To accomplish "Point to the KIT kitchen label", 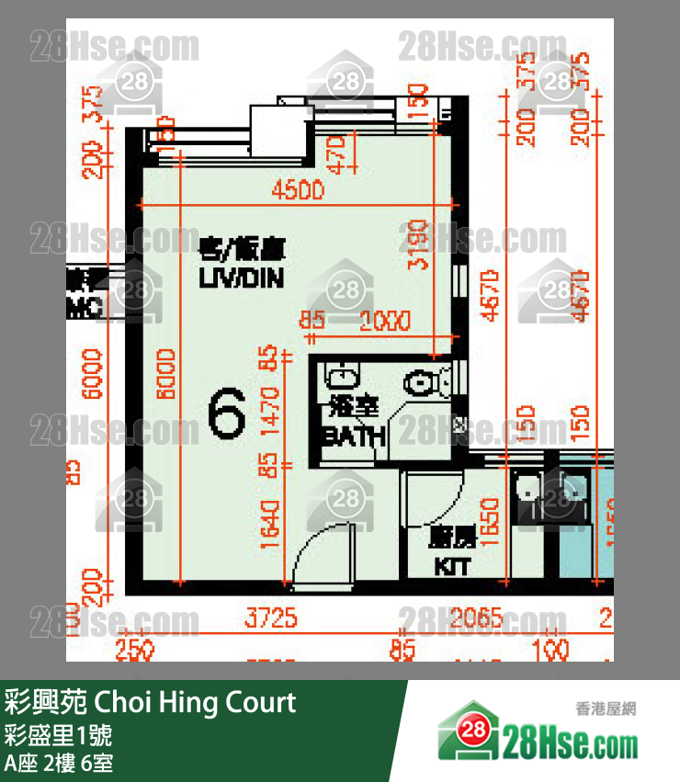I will click(x=450, y=566).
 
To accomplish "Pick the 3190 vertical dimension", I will click(x=418, y=245).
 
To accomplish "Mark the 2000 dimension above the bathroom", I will click(x=385, y=321).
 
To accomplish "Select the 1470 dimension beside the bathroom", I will click(x=270, y=409).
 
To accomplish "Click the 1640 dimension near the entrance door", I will click(x=270, y=523).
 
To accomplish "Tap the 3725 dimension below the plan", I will click(x=271, y=618).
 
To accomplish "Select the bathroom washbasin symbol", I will click(x=341, y=377).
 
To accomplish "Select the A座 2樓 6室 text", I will click(x=59, y=763).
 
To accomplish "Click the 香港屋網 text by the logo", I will click(x=606, y=708).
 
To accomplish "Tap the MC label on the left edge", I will click(x=84, y=309).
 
